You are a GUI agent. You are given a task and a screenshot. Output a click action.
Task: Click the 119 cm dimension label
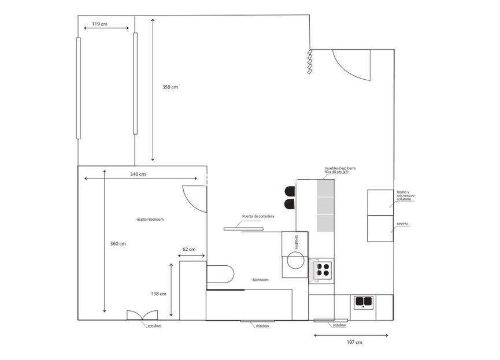(x=99, y=24)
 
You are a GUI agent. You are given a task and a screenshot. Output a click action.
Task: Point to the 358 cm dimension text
(x=170, y=87)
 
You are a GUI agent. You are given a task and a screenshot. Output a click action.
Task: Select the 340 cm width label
(x=138, y=174)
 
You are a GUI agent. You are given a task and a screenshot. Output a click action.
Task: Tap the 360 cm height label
(x=118, y=244)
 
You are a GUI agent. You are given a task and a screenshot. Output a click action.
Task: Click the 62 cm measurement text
(x=189, y=250)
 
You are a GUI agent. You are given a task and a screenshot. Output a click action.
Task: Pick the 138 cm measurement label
(x=159, y=294)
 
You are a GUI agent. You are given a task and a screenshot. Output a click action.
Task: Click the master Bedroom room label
(x=150, y=220)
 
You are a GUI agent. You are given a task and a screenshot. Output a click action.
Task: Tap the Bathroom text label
(x=261, y=280)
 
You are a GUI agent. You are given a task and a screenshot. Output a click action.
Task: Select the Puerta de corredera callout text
(x=258, y=216)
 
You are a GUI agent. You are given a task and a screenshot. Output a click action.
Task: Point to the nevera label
(x=402, y=223)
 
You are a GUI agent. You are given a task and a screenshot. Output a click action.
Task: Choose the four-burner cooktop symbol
(x=322, y=269)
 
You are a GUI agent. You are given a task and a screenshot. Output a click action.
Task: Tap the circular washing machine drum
(x=296, y=261)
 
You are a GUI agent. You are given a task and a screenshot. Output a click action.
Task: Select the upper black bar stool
(x=290, y=191)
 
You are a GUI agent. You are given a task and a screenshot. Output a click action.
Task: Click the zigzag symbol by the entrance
(x=310, y=62)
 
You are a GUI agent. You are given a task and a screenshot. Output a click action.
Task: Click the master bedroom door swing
(x=194, y=199)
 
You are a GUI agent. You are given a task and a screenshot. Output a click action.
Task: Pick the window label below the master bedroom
(x=154, y=326)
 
